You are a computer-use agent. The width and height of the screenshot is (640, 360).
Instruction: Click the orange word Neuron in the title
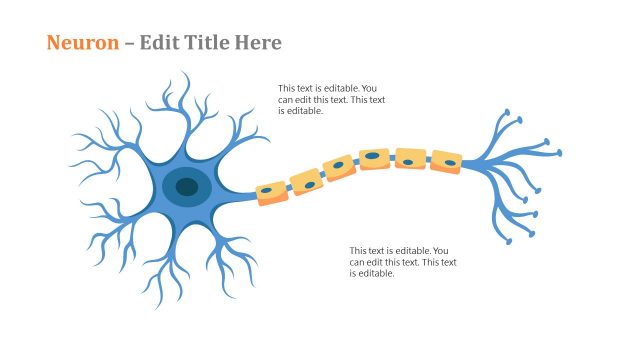(81, 43)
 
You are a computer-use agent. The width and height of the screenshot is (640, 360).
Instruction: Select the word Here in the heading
(259, 43)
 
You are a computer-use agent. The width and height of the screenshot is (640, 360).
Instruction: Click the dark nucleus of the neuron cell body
(187, 185)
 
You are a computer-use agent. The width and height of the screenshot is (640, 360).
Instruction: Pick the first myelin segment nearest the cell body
(271, 192)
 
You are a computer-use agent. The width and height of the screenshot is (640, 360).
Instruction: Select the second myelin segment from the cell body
(305, 181)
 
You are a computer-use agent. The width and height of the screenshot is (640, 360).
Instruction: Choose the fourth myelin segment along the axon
(374, 158)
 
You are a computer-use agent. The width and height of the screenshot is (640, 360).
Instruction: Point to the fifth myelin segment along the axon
(410, 158)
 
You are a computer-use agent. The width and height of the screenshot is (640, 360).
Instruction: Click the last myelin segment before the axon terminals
(446, 161)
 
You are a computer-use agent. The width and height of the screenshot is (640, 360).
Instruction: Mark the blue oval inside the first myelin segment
(267, 190)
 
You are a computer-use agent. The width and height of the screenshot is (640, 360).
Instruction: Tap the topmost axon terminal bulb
(507, 111)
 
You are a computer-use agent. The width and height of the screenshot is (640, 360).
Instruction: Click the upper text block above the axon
(331, 99)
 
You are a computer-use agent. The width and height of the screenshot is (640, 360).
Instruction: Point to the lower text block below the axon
(402, 262)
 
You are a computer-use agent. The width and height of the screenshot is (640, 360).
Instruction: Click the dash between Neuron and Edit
(129, 44)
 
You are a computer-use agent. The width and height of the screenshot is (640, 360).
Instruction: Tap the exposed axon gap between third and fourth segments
(358, 163)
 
